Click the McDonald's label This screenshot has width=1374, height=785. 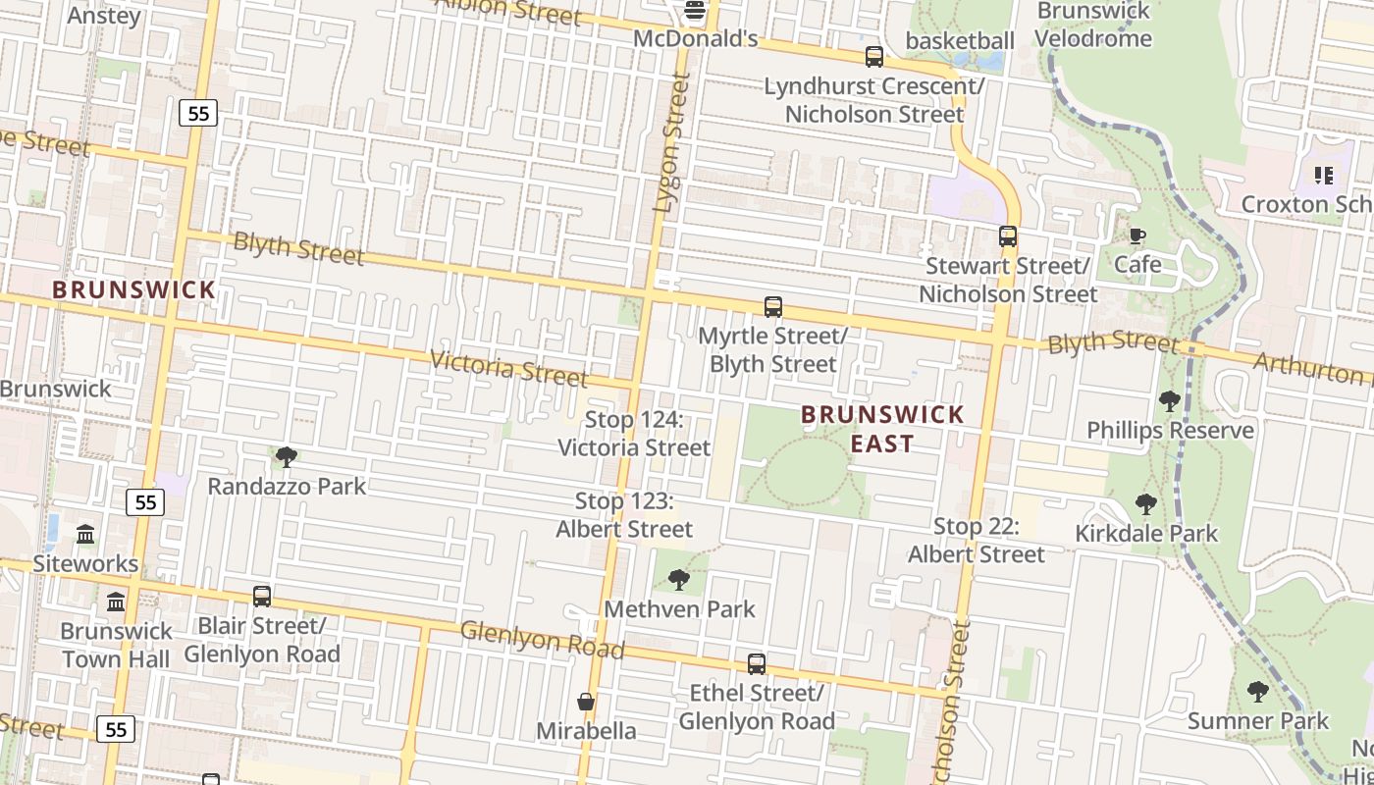[696, 39]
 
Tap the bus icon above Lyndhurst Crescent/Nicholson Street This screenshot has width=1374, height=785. [873, 57]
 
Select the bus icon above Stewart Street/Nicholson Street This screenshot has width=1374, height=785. [1007, 236]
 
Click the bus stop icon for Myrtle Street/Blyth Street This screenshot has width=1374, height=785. [773, 307]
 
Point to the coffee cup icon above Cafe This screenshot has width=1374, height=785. [1137, 235]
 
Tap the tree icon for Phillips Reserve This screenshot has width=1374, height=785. [1169, 400]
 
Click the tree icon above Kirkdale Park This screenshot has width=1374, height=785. [1145, 504]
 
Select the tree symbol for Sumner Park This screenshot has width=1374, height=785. [1257, 692]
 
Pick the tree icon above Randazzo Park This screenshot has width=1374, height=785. [287, 456]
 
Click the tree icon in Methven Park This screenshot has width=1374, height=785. [678, 580]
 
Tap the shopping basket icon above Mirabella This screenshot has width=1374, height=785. [586, 702]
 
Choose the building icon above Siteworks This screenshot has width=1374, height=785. [85, 535]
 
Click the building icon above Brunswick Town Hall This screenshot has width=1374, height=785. [116, 601]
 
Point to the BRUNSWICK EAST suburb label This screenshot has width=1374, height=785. [882, 429]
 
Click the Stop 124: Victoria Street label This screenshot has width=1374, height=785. [634, 434]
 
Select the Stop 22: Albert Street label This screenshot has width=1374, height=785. [977, 541]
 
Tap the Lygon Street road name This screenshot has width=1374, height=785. [671, 143]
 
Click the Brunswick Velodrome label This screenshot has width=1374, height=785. [1093, 25]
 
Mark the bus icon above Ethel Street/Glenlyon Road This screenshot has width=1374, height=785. [756, 664]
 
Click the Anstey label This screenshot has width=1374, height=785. [104, 16]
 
